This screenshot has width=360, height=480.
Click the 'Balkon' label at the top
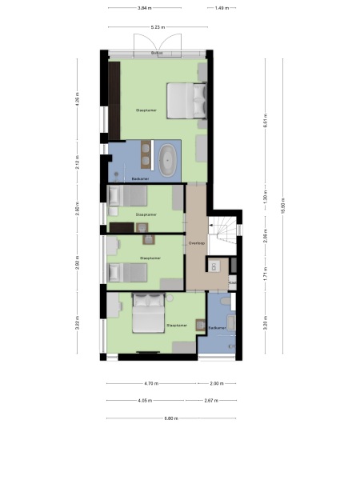pos(157,54)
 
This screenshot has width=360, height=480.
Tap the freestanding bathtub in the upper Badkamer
pos(168,161)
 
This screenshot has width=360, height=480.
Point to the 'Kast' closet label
pos(232,283)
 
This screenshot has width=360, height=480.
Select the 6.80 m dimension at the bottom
pos(170,418)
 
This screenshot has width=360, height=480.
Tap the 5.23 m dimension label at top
pos(157,28)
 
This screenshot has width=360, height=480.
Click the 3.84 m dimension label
pos(144,8)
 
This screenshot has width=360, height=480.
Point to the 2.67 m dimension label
pos(211,400)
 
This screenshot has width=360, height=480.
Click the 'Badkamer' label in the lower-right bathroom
pos(217,328)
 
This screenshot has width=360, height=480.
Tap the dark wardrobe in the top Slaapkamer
pos(114,98)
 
